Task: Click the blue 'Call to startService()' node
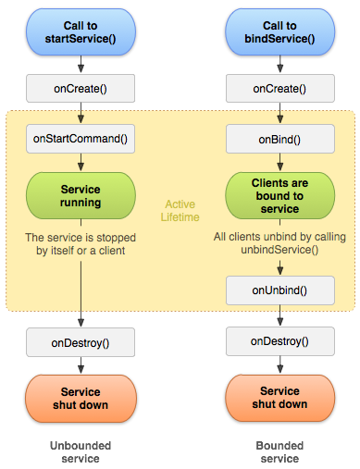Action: click(x=81, y=32)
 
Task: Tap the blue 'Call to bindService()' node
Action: click(x=280, y=32)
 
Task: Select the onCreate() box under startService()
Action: click(x=81, y=89)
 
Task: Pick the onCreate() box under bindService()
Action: click(x=280, y=89)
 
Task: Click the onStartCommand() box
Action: click(x=81, y=139)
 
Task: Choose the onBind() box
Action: click(x=280, y=139)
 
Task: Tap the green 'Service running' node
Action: click(x=81, y=196)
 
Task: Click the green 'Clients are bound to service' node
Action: click(x=280, y=196)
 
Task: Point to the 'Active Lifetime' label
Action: click(x=180, y=211)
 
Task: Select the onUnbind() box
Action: click(x=280, y=290)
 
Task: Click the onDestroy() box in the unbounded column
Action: click(x=81, y=342)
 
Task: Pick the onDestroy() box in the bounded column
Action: click(x=280, y=341)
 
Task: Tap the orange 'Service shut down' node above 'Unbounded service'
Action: click(x=81, y=399)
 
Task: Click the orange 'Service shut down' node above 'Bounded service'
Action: click(x=280, y=398)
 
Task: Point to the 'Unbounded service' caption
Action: click(x=81, y=452)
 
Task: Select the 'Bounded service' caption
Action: click(x=279, y=452)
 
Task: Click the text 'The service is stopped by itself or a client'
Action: click(x=81, y=244)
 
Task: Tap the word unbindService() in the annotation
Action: click(x=279, y=250)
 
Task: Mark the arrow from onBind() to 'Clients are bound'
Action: click(x=280, y=162)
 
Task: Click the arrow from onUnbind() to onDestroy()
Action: click(x=280, y=315)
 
